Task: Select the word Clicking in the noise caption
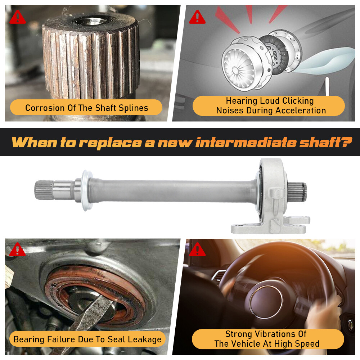click(298, 101)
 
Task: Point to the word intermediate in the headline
click(246, 142)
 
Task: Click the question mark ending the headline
click(346, 142)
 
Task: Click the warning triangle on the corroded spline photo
click(18, 17)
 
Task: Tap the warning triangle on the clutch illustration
click(197, 17)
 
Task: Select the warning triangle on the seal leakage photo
click(17, 249)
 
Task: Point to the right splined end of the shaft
click(297, 192)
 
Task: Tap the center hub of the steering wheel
click(266, 300)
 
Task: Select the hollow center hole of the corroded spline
click(90, 21)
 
